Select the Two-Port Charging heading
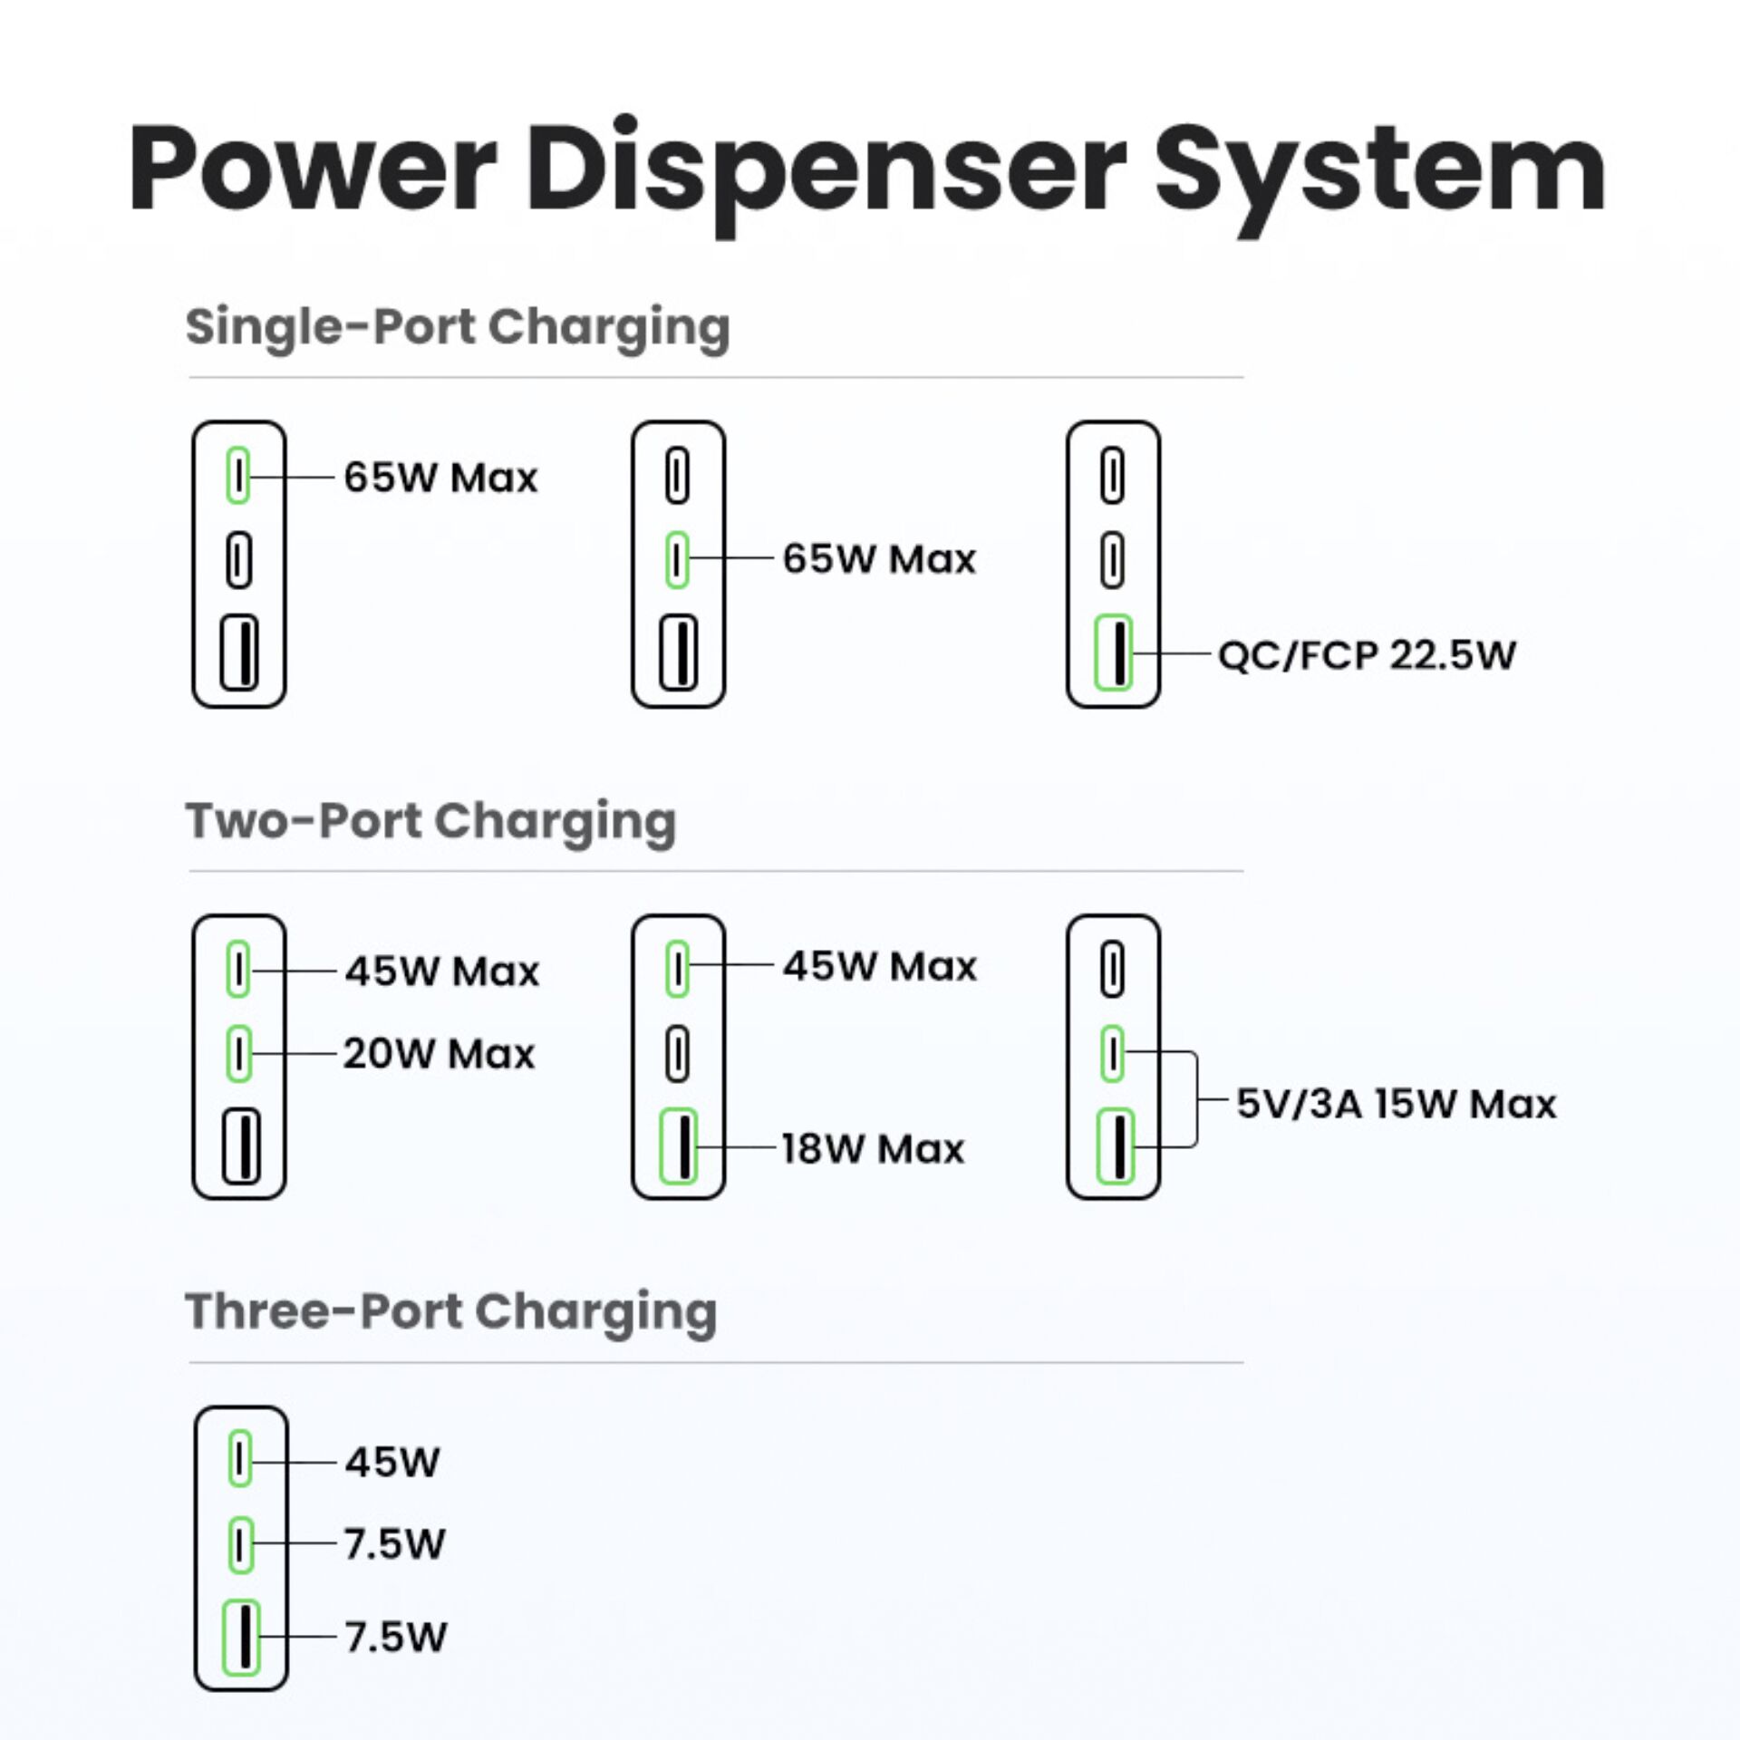click(430, 821)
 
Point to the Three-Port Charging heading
click(450, 1311)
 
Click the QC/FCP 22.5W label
click(1367, 654)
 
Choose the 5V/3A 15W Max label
click(1397, 1103)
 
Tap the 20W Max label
click(440, 1054)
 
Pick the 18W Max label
click(874, 1148)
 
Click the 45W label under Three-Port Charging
click(392, 1462)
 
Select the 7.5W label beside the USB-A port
click(396, 1637)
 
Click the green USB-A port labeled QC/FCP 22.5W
click(1114, 652)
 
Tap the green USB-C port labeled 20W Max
click(238, 1053)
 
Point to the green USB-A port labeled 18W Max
click(678, 1146)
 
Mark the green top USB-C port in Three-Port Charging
click(240, 1459)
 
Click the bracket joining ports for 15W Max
click(1196, 1100)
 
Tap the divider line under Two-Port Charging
click(716, 871)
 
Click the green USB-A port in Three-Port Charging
click(241, 1637)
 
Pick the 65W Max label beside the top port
click(440, 477)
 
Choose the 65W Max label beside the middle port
click(879, 558)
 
